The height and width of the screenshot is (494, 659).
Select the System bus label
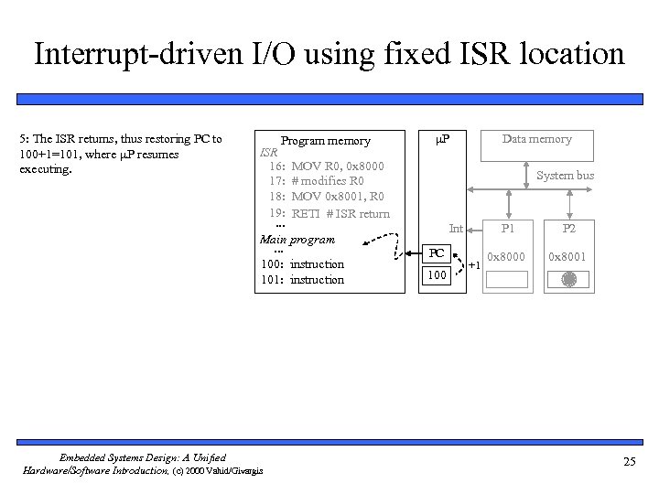(565, 175)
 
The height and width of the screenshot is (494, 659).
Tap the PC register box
(438, 252)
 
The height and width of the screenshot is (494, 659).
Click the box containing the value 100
(438, 275)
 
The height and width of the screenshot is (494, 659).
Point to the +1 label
(474, 265)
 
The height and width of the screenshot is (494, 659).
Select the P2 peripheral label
(569, 228)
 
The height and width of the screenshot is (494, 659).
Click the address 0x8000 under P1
(506, 256)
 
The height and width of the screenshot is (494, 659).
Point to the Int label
(455, 227)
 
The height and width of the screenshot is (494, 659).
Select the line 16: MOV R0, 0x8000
(326, 166)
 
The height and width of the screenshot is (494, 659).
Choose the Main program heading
(297, 240)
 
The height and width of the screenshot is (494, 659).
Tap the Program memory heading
(325, 141)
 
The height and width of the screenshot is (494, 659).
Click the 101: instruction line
(302, 280)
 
